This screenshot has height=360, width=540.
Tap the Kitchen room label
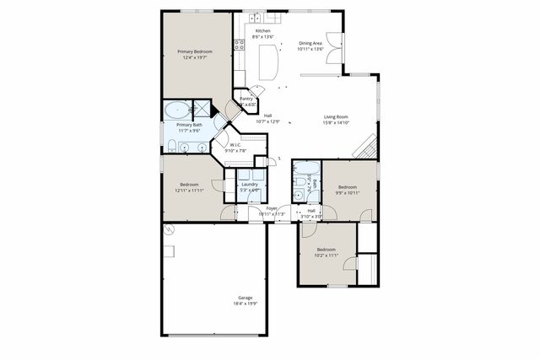tap(263, 31)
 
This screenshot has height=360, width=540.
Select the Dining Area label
tap(310, 43)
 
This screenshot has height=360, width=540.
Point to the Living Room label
tap(337, 117)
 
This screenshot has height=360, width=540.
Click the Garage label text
tap(245, 298)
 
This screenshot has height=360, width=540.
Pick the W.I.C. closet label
tap(236, 145)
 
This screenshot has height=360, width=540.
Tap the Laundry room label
tap(249, 184)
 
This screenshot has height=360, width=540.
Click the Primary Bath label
tap(190, 125)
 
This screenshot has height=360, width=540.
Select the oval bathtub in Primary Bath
tap(177, 110)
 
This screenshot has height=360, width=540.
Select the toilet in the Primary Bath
tap(171, 147)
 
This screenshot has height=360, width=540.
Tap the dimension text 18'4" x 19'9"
tap(245, 304)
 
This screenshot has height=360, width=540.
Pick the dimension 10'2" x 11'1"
tap(327, 255)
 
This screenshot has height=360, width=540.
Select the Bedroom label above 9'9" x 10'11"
tap(347, 187)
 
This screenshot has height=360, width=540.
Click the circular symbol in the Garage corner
tap(168, 230)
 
